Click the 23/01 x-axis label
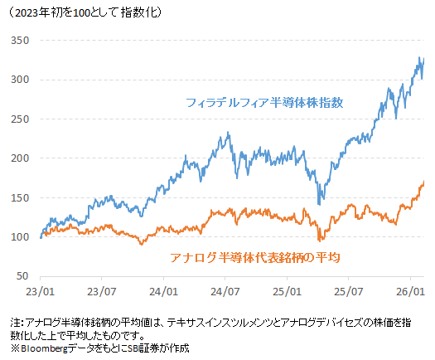[41, 292]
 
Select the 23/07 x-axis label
[101, 292]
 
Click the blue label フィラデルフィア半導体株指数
[264, 103]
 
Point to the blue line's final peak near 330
[420, 59]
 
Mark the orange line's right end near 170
[424, 182]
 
